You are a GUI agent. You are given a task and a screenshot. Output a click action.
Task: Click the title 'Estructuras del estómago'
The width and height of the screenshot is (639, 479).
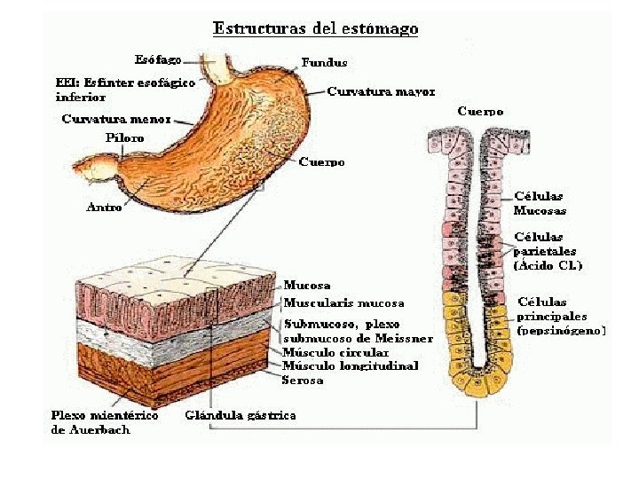pyautogui.click(x=315, y=29)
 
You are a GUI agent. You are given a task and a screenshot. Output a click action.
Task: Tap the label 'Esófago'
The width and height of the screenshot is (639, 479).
pyautogui.click(x=158, y=60)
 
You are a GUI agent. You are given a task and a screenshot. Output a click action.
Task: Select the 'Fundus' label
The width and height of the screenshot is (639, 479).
pyautogui.click(x=324, y=63)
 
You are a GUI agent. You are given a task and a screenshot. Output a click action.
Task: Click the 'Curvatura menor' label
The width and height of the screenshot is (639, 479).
pyautogui.click(x=116, y=118)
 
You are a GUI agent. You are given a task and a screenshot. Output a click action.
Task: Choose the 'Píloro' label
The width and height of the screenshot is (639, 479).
pyautogui.click(x=124, y=137)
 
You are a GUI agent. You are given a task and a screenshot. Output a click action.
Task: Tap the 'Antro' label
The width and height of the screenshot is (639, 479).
pyautogui.click(x=103, y=207)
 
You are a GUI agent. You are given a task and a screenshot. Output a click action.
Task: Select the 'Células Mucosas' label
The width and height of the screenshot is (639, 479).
pyautogui.click(x=540, y=203)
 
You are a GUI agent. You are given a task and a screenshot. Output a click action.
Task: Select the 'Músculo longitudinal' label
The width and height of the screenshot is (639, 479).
pyautogui.click(x=350, y=365)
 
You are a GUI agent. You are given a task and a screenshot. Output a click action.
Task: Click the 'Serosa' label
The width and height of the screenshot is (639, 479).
pyautogui.click(x=303, y=380)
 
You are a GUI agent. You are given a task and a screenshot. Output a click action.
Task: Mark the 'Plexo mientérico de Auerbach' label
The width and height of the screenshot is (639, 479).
pyautogui.click(x=105, y=422)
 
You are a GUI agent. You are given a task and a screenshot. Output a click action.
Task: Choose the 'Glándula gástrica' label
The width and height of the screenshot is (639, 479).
pyautogui.click(x=241, y=415)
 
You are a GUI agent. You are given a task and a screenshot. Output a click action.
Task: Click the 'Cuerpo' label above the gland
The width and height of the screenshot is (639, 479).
pyautogui.click(x=480, y=112)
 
